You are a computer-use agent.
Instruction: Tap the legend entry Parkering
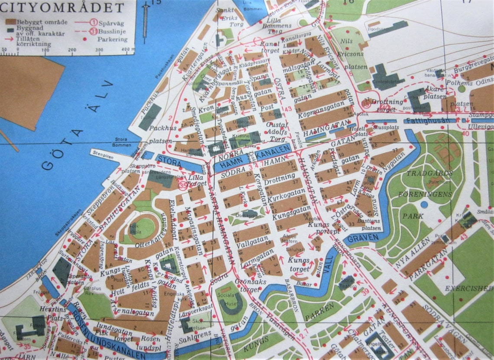[112, 39]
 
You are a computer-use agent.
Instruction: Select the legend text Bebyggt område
[37, 21]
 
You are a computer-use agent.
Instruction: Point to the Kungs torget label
[299, 265]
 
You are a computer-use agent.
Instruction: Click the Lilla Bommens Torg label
[280, 26]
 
